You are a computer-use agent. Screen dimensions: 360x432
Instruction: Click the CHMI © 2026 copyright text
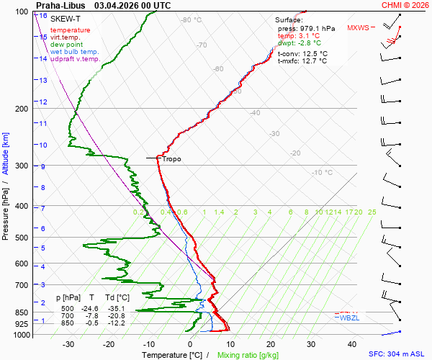point(405,5)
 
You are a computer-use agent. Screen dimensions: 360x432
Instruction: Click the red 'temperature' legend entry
point(71,30)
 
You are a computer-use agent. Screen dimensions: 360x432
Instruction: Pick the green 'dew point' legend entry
point(66,45)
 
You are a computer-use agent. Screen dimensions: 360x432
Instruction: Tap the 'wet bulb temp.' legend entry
point(75,52)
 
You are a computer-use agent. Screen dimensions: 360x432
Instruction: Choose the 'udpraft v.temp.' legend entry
point(76,59)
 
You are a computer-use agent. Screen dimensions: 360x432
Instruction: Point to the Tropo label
point(172,159)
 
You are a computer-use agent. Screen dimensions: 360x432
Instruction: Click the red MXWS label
point(358,28)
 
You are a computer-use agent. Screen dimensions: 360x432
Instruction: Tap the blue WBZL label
point(349,318)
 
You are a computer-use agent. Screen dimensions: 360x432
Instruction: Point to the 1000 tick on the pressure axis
point(22,335)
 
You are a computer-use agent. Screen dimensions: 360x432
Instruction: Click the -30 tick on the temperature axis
point(68,344)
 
